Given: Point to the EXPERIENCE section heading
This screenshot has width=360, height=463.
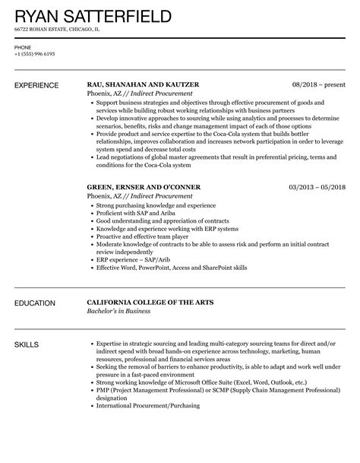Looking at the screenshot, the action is click(x=39, y=87).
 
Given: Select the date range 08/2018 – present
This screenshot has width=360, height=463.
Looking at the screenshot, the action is click(x=318, y=87).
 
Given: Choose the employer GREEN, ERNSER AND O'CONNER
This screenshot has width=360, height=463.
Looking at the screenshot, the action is click(x=147, y=187).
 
